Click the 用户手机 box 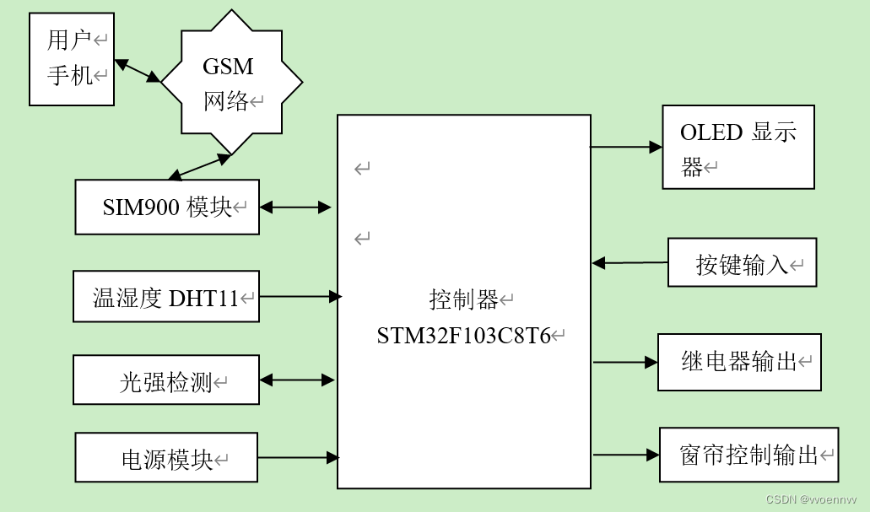[x=72, y=59]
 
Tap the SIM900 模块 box [x=167, y=207]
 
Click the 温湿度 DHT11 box [x=166, y=297]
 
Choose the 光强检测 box [x=166, y=380]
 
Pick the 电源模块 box [x=166, y=459]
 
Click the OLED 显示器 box [x=738, y=147]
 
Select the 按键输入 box [x=743, y=263]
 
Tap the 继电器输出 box [x=739, y=362]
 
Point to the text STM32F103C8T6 [x=463, y=336]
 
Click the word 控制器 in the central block [x=463, y=299]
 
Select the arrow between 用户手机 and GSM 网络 [x=137, y=72]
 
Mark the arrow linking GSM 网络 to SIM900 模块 [x=199, y=167]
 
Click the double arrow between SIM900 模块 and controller [x=295, y=207]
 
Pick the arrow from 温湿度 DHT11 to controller [x=300, y=296]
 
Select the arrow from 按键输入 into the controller [x=630, y=263]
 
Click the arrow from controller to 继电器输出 [x=625, y=362]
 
